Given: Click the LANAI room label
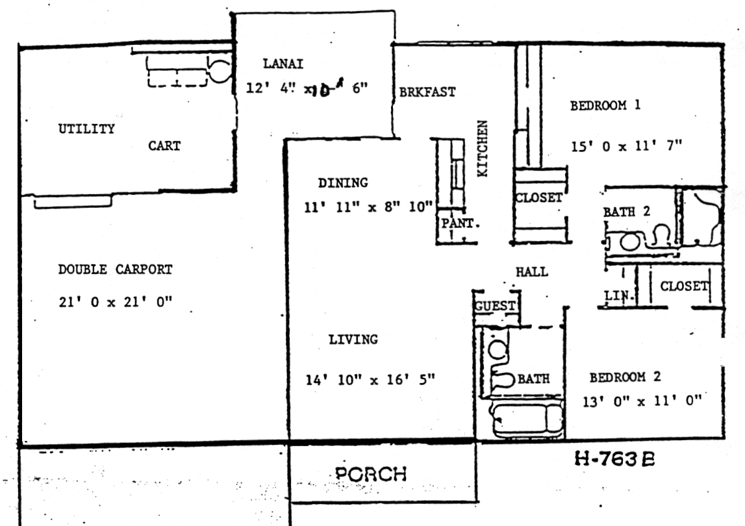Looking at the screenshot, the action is pos(283,63).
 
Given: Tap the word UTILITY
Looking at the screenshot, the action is pos(86,129).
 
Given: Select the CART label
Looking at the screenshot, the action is pos(164,145).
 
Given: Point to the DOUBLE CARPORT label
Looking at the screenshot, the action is pos(115,269).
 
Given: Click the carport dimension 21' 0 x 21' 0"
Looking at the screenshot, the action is pos(115,302).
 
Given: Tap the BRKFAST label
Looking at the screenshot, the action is pos(427,92).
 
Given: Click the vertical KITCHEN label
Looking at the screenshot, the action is pos(482,148).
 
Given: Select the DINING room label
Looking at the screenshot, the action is pos(343,182).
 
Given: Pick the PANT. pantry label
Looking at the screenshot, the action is pos(460,223).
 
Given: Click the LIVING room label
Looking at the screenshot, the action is pos(353,339).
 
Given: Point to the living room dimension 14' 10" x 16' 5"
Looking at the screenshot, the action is pos(370,380).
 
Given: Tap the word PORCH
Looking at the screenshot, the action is pos(371,474).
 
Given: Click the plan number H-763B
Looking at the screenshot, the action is pos(615,459).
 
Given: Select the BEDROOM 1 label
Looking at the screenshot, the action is pos(605,105).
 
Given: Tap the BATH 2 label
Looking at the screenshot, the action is pos(626,212).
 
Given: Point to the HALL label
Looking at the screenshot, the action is pos(532,272).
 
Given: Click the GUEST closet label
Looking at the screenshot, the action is pos(495,306).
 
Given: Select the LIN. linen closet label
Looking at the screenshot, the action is pos(618,295).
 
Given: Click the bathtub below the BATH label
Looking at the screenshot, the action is pos(527,420).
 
